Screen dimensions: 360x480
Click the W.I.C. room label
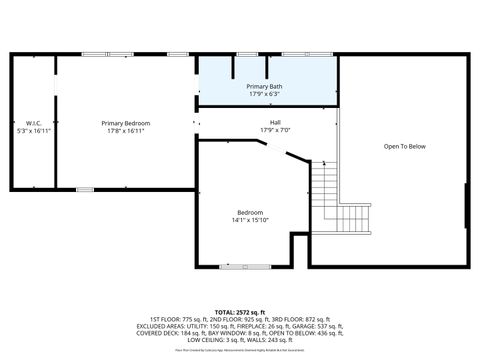click(33, 123)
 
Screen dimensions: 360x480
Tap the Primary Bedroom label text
click(125, 123)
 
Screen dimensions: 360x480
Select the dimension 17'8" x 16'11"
click(125, 131)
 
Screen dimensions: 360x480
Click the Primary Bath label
click(264, 87)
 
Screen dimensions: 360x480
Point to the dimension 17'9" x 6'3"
click(264, 95)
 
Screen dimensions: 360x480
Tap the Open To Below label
click(405, 147)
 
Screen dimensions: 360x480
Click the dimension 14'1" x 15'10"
click(250, 220)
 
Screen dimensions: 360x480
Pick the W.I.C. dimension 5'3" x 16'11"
click(33, 131)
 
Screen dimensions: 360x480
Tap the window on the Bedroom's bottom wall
click(245, 266)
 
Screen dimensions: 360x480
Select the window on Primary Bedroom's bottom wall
click(85, 189)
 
